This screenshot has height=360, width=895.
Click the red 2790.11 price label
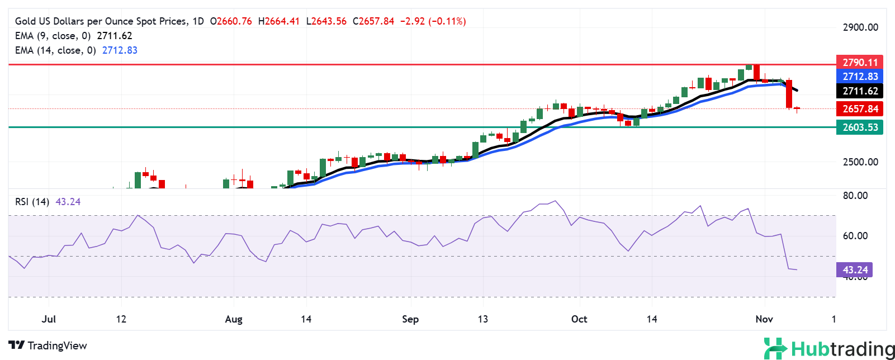(860, 62)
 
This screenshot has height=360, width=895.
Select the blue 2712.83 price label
(860, 77)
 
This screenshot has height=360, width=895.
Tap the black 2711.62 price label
(860, 91)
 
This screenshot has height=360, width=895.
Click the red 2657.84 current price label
(860, 109)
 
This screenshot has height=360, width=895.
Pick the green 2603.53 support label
(860, 127)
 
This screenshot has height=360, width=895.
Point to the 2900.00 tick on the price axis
(860, 27)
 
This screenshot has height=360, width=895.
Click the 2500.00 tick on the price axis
(860, 162)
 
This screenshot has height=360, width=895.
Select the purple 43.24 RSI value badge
(855, 270)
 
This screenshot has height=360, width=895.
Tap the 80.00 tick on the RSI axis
(855, 196)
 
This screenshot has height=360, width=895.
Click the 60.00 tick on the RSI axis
(855, 236)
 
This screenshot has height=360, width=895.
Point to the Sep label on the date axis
(410, 319)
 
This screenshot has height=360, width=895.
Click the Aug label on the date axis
(234, 319)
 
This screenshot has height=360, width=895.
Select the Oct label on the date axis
(579, 319)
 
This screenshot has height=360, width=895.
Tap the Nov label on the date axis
(764, 319)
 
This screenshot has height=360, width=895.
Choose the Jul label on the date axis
(49, 319)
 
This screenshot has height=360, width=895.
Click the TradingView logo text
(48, 345)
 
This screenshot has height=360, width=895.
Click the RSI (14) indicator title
(32, 202)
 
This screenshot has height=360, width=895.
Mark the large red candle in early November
(789, 94)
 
